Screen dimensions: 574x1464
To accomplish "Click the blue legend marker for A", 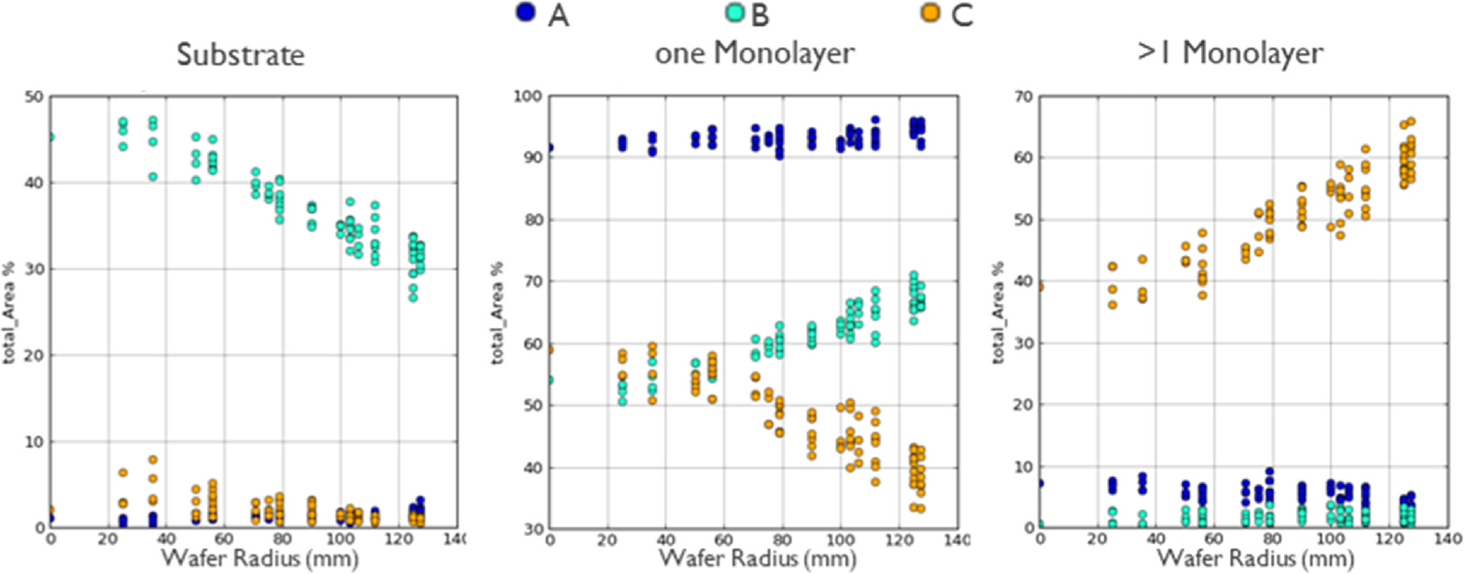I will click(525, 13).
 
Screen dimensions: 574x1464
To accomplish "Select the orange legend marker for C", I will click(931, 13).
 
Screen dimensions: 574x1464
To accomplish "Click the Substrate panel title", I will click(241, 55).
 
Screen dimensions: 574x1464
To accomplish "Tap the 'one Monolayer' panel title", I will click(754, 53).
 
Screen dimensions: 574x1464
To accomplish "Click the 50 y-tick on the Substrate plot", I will click(34, 97).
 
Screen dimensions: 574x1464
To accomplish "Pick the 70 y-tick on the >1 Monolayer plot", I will click(1023, 97).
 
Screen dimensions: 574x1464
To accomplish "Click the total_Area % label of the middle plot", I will click(498, 312).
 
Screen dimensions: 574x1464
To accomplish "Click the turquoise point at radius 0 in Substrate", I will click(51, 137).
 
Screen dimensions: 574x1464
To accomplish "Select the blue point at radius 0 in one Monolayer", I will click(550, 148).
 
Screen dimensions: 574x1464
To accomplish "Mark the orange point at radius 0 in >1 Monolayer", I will click(1040, 287).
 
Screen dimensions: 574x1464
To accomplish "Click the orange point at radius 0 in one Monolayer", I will click(550, 350).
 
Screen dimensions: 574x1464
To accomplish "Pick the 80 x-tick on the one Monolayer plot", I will click(782, 539).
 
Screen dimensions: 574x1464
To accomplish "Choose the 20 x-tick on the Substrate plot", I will click(108, 539).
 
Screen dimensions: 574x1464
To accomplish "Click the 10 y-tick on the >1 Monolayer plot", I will click(1023, 467).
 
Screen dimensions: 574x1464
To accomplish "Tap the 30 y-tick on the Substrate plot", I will click(34, 269).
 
